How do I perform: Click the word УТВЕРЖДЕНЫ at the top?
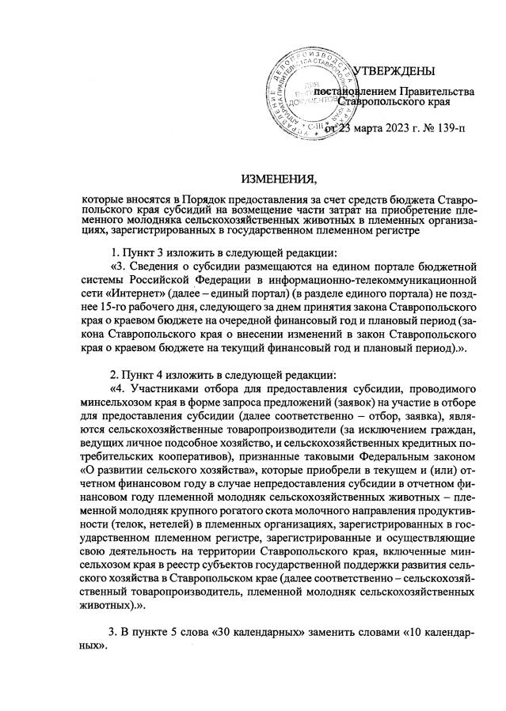(394, 72)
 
